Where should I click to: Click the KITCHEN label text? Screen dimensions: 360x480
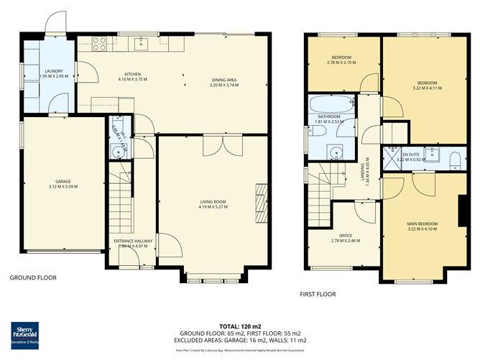click(133, 75)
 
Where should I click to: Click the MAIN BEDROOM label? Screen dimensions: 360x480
click(422, 224)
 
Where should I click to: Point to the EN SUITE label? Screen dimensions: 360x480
click(412, 154)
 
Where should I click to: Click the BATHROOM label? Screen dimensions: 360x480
click(329, 116)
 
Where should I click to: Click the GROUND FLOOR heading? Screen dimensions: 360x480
click(33, 277)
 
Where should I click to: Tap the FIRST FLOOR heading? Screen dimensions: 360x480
click(318, 294)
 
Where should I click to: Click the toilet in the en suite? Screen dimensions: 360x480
click(454, 158)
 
